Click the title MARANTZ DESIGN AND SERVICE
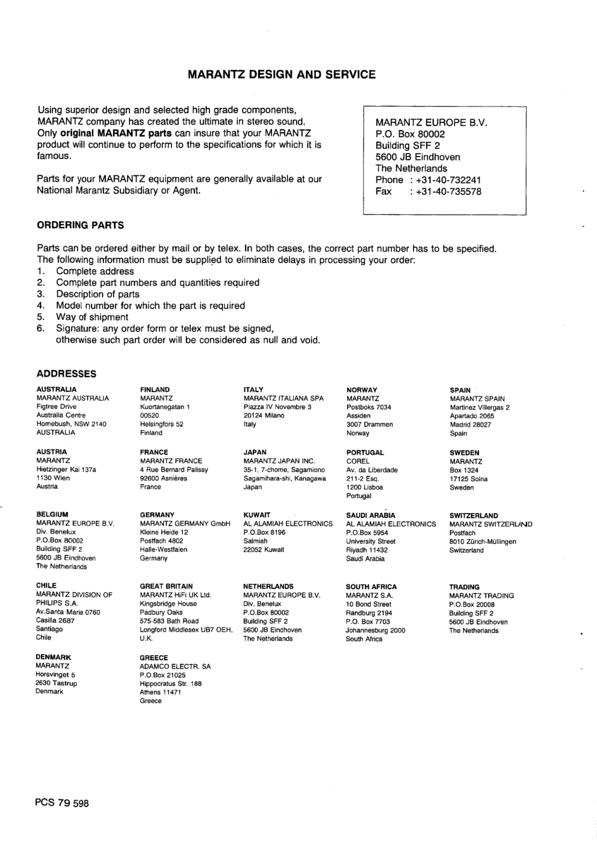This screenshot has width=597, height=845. tap(282, 75)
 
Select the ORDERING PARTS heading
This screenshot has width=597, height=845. tap(80, 225)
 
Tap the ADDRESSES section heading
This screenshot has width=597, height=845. tap(66, 374)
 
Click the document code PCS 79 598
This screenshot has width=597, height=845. tap(63, 803)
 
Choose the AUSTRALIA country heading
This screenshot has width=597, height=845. tap(57, 390)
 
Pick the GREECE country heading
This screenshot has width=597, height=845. tap(154, 658)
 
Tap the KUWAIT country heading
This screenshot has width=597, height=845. tap(257, 515)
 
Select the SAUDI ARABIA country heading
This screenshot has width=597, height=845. tap(371, 516)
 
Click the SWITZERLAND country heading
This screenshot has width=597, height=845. tap(474, 516)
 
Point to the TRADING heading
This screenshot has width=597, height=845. tap(464, 587)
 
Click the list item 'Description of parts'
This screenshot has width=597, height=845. tap(97, 294)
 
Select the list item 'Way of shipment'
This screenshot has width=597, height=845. tap(92, 317)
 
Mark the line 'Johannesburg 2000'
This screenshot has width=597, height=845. tap(375, 631)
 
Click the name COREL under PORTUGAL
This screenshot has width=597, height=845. tap(358, 461)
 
